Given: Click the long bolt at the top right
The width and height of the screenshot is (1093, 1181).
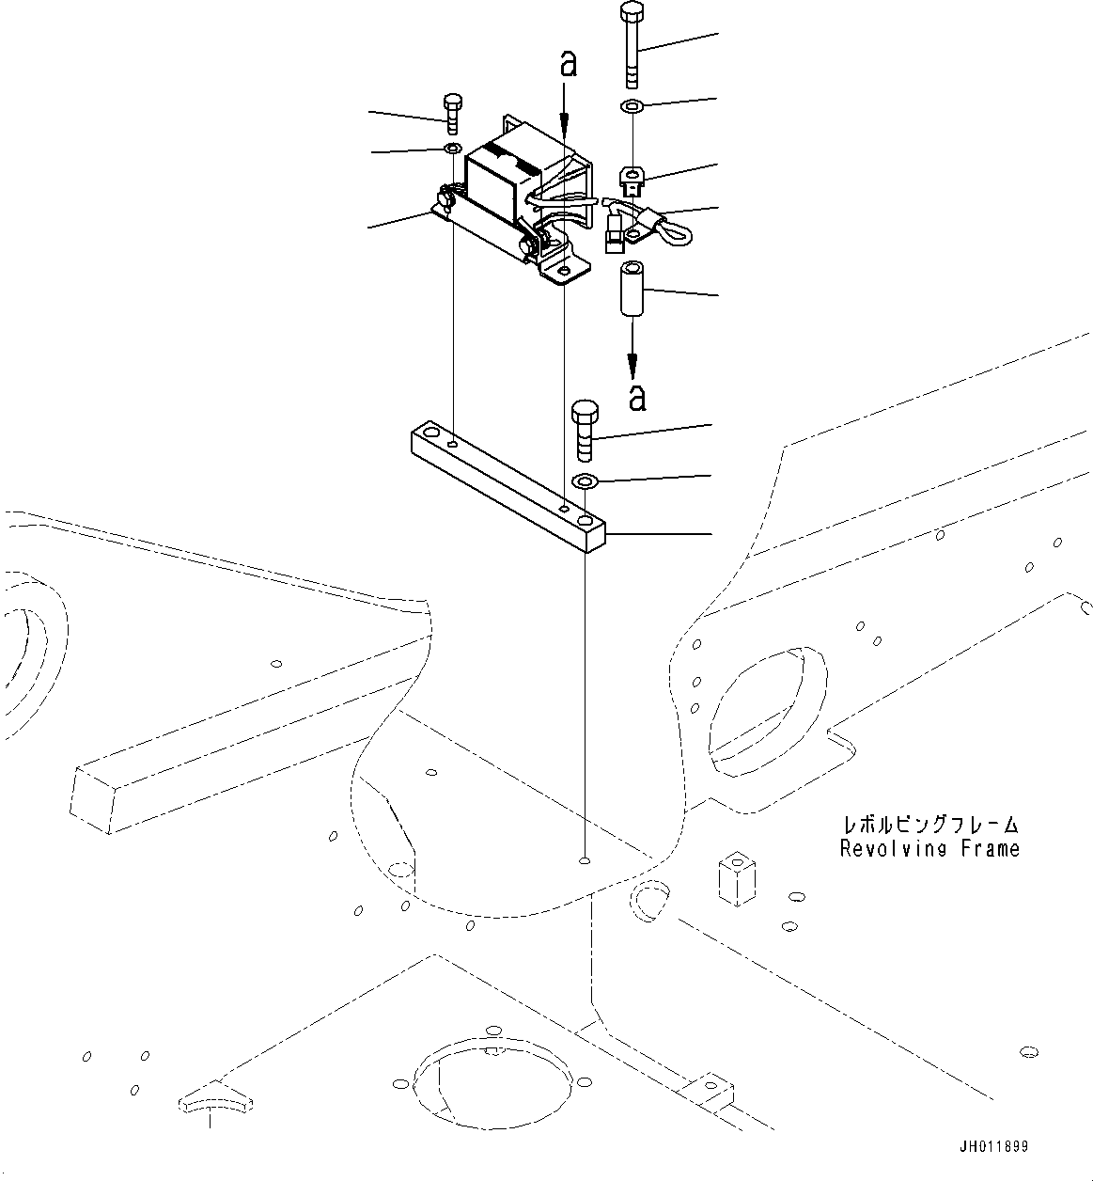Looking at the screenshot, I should tap(632, 47).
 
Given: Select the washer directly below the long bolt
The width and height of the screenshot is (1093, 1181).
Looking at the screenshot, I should tap(632, 105).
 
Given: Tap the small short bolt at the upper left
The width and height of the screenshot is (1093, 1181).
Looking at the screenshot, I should tap(452, 114).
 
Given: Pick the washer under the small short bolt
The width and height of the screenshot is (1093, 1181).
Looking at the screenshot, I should tap(452, 150).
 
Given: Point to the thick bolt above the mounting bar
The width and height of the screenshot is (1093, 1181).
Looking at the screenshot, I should tap(584, 430).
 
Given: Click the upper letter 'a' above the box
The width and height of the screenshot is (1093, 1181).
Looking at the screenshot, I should tap(568, 64).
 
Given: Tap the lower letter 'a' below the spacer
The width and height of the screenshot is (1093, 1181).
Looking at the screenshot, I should tap(637, 398).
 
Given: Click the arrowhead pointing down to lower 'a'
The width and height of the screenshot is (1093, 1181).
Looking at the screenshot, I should tap(632, 365).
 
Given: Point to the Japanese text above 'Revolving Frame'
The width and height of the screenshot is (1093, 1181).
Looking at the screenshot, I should tap(929, 826).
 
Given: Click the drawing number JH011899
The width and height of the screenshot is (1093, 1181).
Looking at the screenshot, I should tap(994, 1148).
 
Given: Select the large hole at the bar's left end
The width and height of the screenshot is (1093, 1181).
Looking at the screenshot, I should tap(431, 434).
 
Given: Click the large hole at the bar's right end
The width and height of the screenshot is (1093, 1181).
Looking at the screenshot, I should tap(586, 519).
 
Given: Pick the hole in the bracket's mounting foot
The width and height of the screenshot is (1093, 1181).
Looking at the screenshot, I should tap(563, 273).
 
